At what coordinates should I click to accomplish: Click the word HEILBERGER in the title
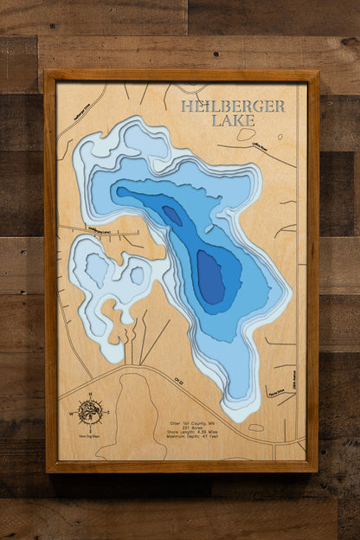click(x=232, y=106)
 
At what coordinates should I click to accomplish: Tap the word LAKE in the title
click(x=233, y=120)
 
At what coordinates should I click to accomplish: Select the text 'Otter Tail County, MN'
click(x=200, y=423)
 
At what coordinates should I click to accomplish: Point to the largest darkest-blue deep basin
click(x=210, y=278)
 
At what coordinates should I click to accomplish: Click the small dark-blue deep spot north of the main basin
click(x=172, y=215)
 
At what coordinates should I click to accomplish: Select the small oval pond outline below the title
click(x=246, y=135)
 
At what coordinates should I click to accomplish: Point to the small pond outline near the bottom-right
click(x=256, y=427)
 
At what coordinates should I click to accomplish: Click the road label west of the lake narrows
click(x=98, y=229)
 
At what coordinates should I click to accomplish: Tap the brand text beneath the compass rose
click(x=89, y=434)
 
